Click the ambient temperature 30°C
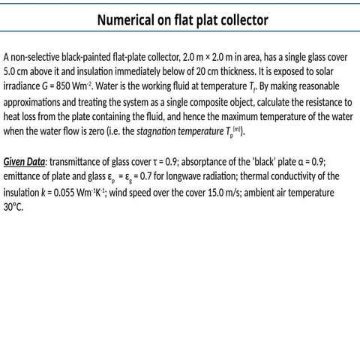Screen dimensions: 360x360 [13, 208]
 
